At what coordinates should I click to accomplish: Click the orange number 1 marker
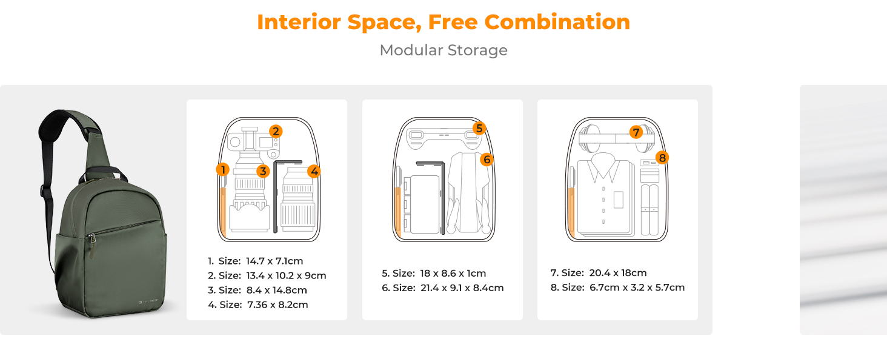223,170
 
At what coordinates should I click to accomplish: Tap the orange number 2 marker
276,131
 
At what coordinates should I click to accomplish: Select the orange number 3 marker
262,171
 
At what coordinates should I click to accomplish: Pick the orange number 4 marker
313,171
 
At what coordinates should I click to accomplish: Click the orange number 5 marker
479,128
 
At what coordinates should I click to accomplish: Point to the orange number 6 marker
487,160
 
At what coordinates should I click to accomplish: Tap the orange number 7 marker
636,132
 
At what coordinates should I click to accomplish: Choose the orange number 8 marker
662,158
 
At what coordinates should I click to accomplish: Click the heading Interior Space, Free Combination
443,22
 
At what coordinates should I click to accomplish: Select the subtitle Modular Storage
443,50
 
